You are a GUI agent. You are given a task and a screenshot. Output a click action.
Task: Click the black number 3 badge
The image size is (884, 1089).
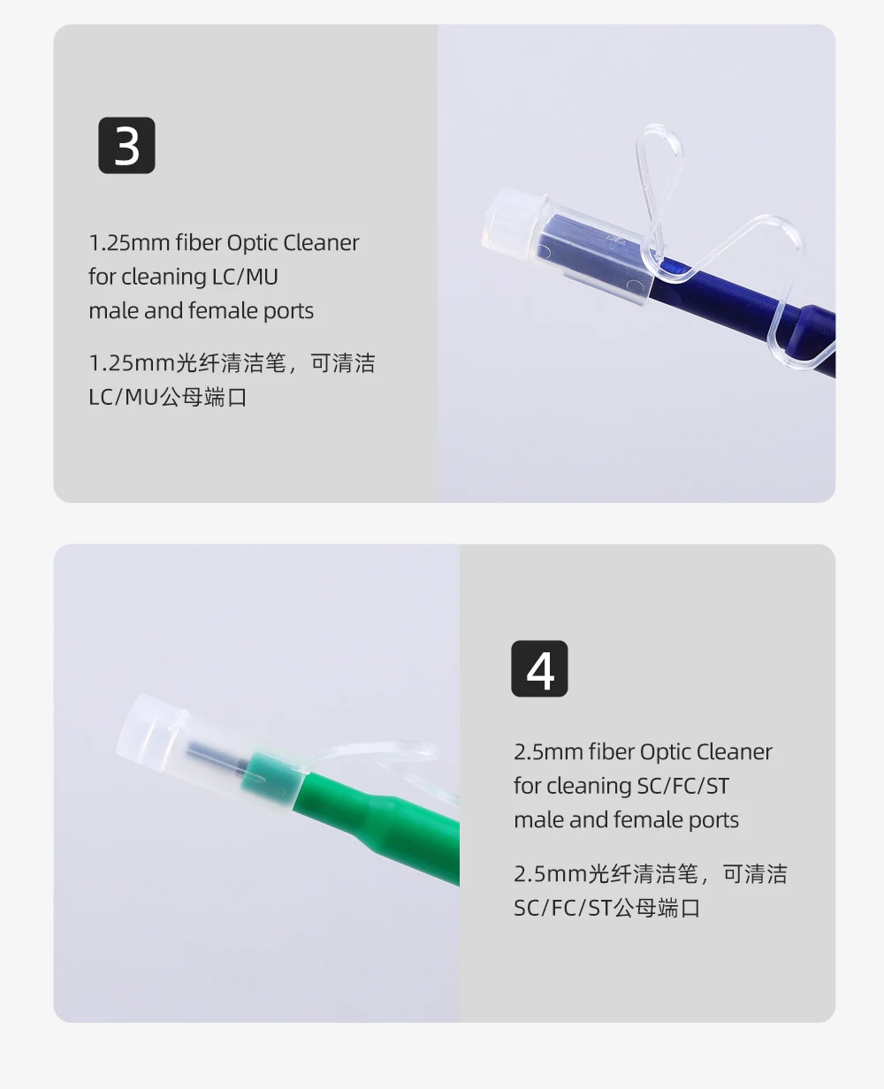(x=126, y=145)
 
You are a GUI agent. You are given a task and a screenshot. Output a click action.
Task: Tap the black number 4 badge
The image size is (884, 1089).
(x=539, y=668)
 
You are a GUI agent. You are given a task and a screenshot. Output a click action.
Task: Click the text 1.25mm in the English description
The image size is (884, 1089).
(x=129, y=243)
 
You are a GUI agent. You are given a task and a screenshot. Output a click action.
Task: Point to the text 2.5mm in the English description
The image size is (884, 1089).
(x=548, y=752)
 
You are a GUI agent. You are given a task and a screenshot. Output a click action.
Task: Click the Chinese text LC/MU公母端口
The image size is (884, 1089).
(x=168, y=397)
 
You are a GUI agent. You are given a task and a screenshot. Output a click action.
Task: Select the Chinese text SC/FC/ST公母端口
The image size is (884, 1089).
(x=607, y=908)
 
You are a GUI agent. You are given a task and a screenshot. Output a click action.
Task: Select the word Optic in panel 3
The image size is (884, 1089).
(x=251, y=244)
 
